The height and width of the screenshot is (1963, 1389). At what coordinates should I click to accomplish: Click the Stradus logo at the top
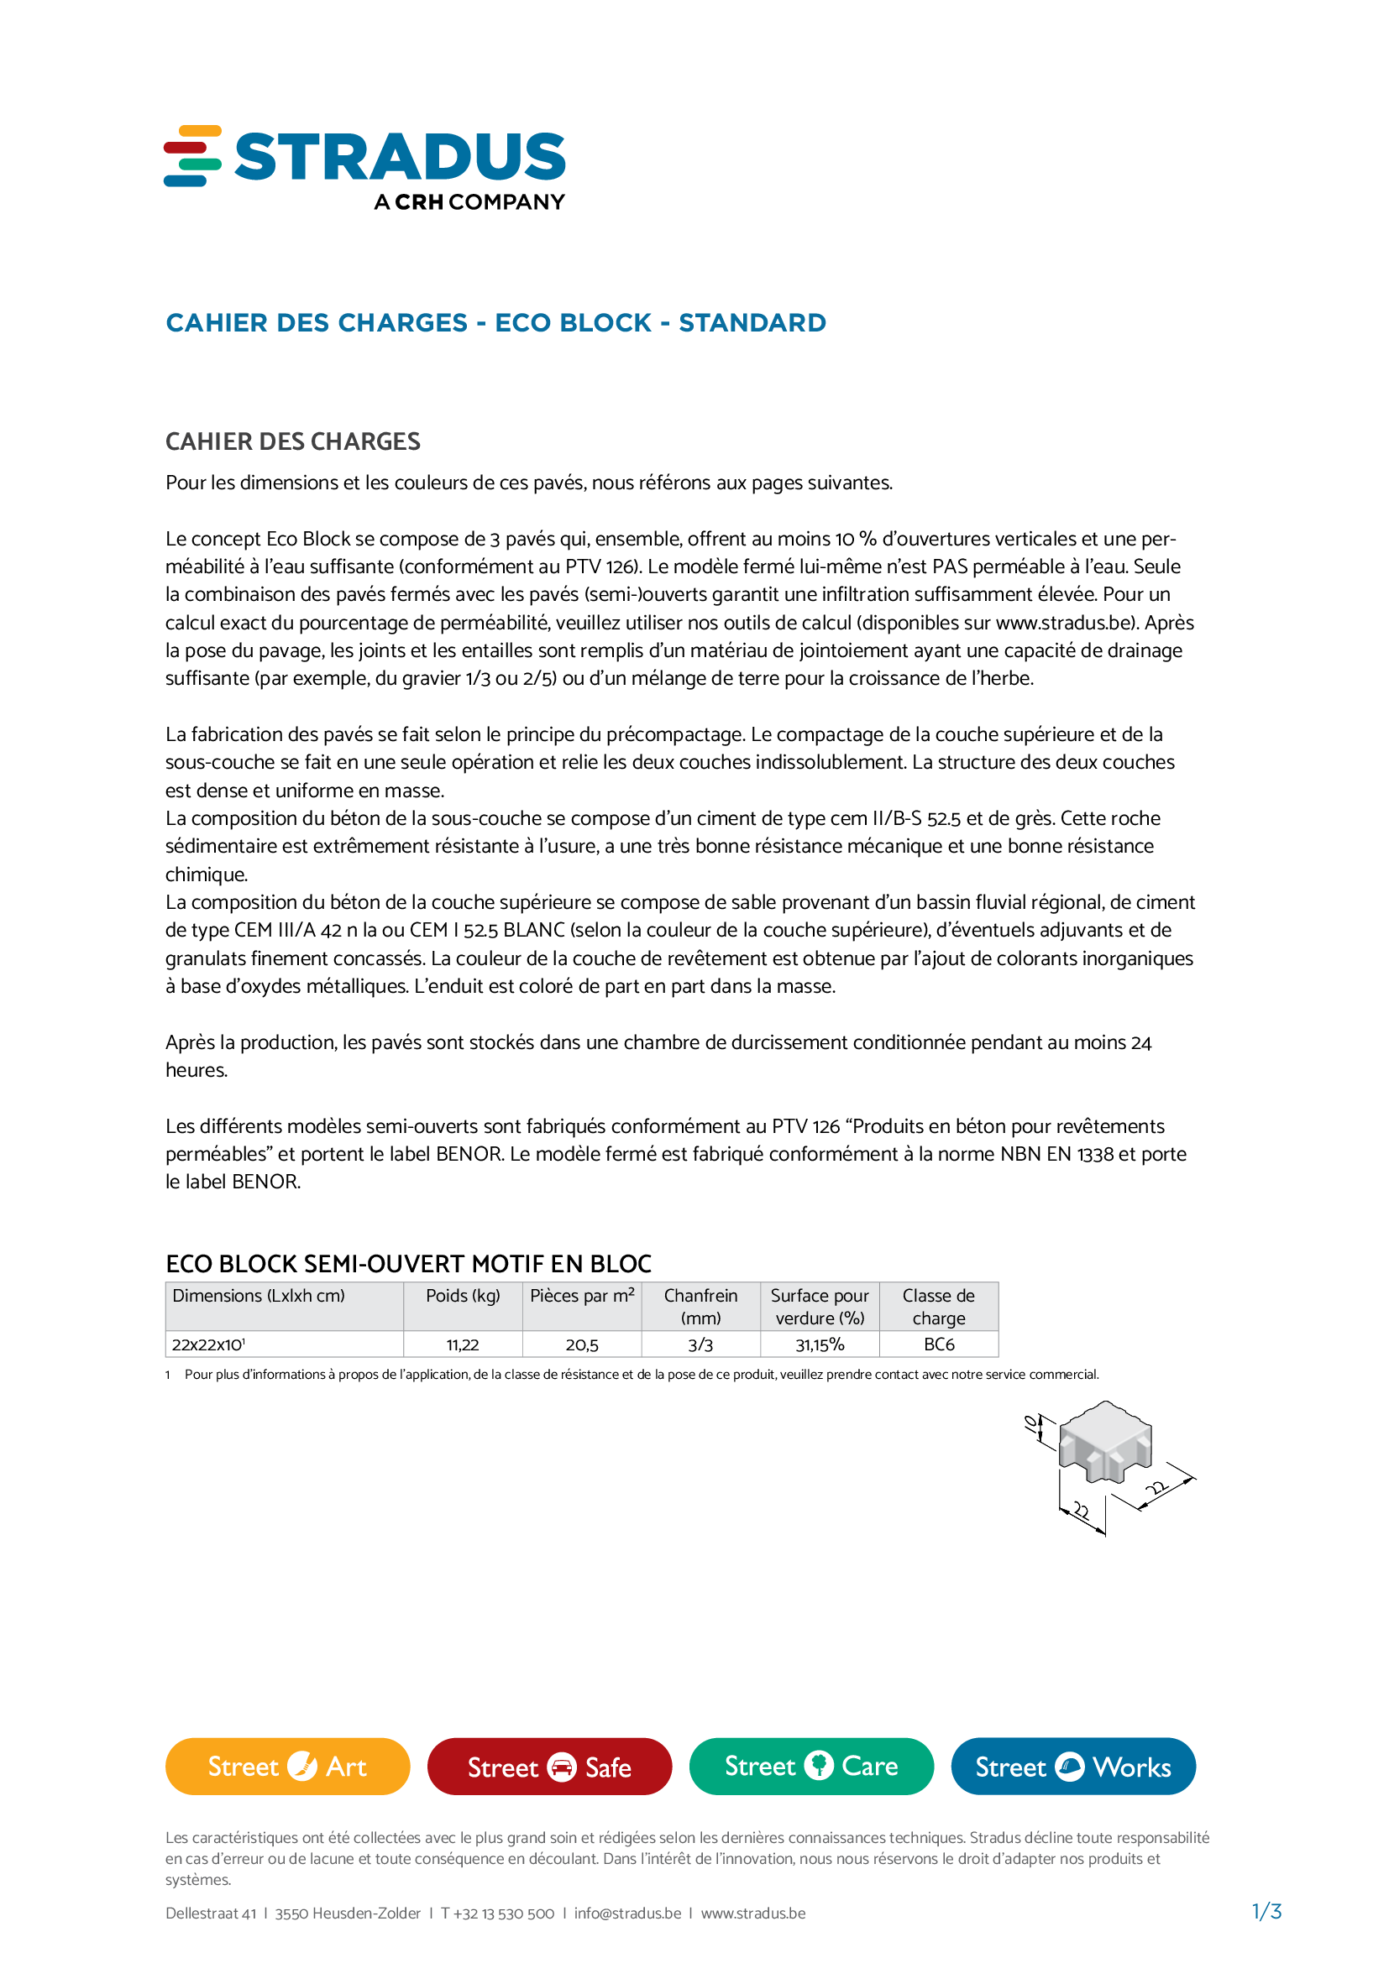tap(364, 167)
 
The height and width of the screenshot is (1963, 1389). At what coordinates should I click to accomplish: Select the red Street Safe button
tap(549, 1767)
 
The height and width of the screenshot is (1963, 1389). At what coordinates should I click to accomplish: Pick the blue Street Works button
tap(1072, 1767)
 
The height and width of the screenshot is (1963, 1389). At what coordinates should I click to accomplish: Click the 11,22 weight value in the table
tap(463, 1344)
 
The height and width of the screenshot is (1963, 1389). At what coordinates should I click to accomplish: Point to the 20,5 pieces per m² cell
tap(582, 1344)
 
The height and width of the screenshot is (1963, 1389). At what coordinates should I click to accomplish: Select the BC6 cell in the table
tap(938, 1344)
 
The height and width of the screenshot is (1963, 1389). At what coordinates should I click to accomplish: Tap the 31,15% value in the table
tap(820, 1344)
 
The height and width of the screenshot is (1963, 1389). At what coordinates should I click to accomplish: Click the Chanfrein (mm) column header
tap(700, 1307)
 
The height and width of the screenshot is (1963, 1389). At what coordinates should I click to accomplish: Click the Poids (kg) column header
tap(463, 1296)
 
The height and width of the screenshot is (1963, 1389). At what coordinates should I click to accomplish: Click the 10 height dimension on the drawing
tap(1032, 1423)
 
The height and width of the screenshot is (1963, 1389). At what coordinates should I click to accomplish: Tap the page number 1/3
tap(1266, 1911)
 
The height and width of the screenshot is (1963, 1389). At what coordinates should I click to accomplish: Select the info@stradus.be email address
tap(627, 1913)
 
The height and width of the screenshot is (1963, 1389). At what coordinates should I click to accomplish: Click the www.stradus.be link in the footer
tap(752, 1913)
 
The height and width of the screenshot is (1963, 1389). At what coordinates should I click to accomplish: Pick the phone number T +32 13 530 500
tap(497, 1913)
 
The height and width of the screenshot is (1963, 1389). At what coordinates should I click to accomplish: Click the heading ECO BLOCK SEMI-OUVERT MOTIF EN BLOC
tap(408, 1264)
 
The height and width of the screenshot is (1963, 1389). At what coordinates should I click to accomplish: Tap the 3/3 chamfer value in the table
tap(700, 1344)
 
